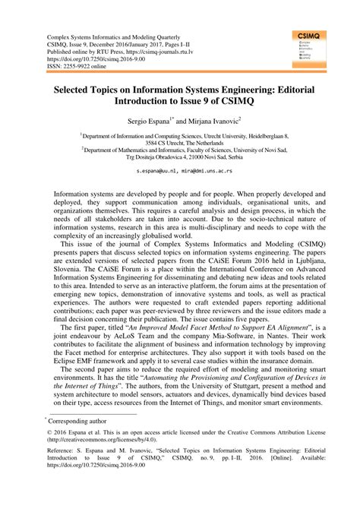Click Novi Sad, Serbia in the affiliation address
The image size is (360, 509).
pos(220,158)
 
